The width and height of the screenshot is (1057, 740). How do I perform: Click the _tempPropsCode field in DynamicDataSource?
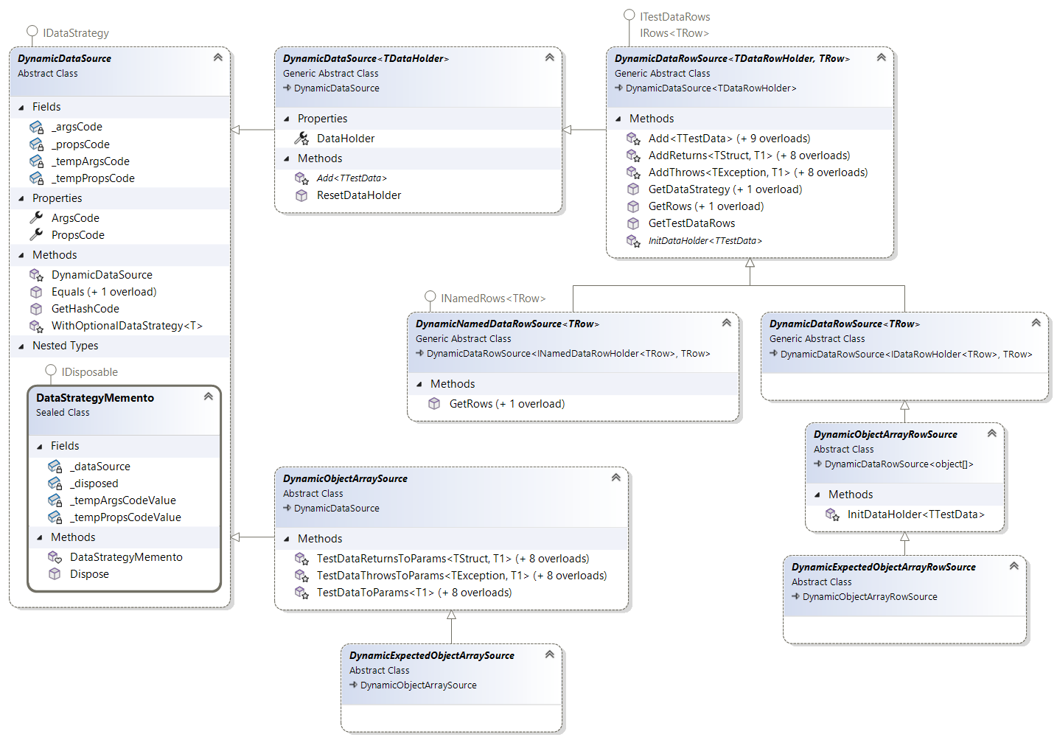(93, 178)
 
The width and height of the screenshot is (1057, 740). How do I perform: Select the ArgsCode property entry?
(75, 218)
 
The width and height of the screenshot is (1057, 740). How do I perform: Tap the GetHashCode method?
(85, 309)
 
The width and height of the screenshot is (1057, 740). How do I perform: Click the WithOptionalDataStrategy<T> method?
(127, 326)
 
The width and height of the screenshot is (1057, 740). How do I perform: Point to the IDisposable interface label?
(89, 372)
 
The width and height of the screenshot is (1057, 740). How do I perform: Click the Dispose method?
(89, 574)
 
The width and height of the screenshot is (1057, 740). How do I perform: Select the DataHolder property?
(346, 139)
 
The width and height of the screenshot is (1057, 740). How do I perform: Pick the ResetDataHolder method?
(359, 195)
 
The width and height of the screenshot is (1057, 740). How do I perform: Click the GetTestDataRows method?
(691, 223)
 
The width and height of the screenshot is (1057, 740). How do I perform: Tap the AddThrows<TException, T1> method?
(758, 172)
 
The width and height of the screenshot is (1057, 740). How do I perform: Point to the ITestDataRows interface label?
(674, 17)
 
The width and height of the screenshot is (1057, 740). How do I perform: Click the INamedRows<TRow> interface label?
(493, 299)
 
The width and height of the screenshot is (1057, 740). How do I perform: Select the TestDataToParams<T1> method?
(414, 593)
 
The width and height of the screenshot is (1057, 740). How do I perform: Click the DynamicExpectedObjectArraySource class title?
(431, 655)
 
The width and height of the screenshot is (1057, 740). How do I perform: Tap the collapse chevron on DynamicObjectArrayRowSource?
(992, 433)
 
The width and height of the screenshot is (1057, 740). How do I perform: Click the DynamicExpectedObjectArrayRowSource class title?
(883, 567)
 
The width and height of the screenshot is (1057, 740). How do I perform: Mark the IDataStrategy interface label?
(75, 33)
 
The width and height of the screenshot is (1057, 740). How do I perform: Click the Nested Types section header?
(65, 346)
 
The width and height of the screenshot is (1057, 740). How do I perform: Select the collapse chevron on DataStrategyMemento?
(209, 397)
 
